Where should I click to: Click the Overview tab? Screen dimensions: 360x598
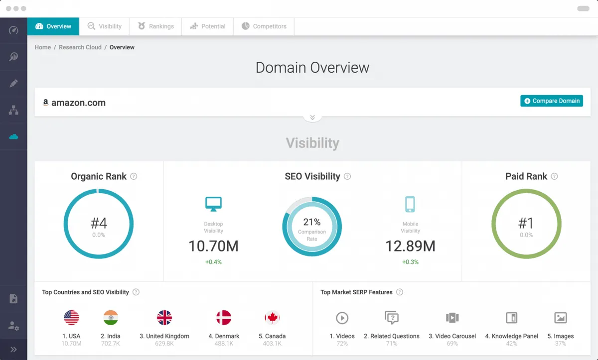click(53, 26)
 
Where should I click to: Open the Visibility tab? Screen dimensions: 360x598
click(104, 26)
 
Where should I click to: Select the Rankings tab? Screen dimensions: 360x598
click(156, 26)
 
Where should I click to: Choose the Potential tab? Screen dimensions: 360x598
click(208, 26)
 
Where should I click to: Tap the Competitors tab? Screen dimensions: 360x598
click(264, 26)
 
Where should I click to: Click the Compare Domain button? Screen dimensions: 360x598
click(551, 101)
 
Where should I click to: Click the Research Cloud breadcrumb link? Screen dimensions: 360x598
click(80, 47)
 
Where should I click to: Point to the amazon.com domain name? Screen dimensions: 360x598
click(78, 103)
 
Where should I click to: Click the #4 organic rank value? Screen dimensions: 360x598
click(98, 223)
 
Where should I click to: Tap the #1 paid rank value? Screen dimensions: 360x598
click(526, 223)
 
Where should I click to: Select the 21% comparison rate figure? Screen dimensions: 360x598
click(312, 222)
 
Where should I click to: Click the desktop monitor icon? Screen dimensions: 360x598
click(213, 204)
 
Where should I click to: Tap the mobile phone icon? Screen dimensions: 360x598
click(410, 204)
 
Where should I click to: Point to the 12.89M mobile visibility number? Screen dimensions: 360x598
click(410, 245)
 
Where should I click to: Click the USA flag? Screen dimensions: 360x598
click(71, 318)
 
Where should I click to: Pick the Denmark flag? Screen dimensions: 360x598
click(224, 318)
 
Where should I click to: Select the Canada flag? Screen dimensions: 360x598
click(272, 318)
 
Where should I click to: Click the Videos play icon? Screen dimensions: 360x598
click(342, 318)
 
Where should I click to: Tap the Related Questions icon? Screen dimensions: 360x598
click(392, 318)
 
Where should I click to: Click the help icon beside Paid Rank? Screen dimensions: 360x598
click(554, 176)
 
